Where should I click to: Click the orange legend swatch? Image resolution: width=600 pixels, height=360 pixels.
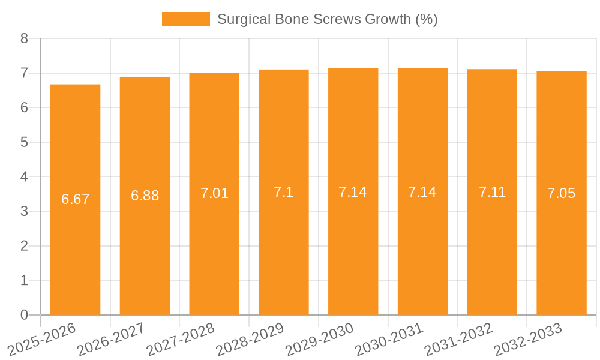click(x=186, y=19)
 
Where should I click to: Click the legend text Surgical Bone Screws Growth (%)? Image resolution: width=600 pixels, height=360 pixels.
click(x=327, y=19)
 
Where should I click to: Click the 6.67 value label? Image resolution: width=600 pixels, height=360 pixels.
click(x=76, y=199)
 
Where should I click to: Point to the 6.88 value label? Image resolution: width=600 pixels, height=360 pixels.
click(x=145, y=196)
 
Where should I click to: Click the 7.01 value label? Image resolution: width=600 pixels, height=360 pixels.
click(x=214, y=193)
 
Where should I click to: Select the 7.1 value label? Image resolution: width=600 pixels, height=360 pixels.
click(x=283, y=192)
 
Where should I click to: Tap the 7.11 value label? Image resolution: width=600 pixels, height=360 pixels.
click(x=492, y=192)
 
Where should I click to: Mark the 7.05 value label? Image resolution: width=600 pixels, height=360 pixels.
click(x=562, y=193)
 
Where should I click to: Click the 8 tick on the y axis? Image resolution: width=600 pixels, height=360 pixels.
click(x=24, y=38)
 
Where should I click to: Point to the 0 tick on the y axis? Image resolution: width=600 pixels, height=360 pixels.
click(x=24, y=315)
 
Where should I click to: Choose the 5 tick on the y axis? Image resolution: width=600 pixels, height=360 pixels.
click(x=24, y=142)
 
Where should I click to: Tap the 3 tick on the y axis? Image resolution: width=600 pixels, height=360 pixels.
click(x=24, y=211)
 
